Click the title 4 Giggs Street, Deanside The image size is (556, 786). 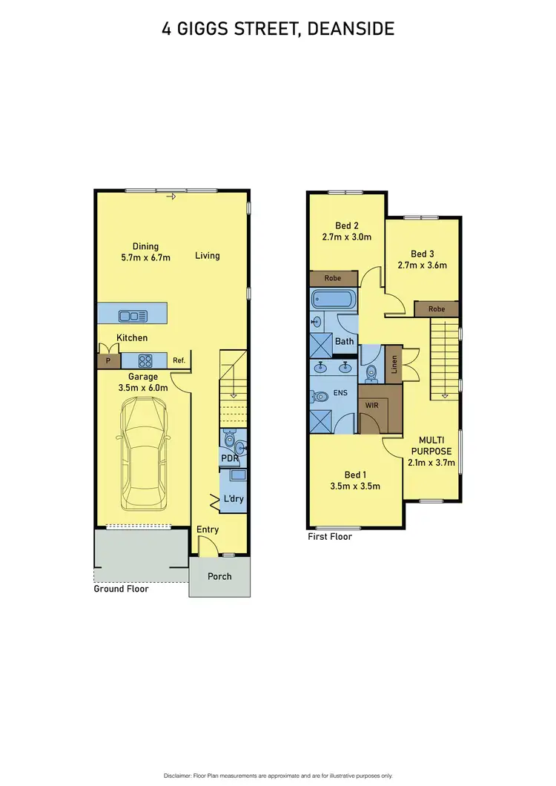pos(278,29)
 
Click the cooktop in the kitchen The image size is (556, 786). pos(145,361)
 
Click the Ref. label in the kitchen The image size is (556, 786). pos(179,361)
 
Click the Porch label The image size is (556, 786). pos(219,576)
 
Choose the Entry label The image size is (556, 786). pos(208,529)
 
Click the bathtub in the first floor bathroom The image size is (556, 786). pos(334,300)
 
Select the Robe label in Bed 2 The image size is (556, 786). pos(334,278)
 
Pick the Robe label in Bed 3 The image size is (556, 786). pos(437,309)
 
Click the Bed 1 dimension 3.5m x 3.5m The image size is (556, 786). pos(355,486)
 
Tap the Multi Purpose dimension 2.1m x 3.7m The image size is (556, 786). pos(431,463)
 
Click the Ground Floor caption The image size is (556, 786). pos(121,589)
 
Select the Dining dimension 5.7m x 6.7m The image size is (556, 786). pos(146,258)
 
